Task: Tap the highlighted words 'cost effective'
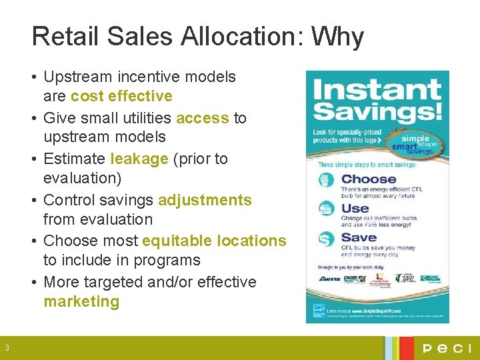[121, 96]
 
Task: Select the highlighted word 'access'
[203, 118]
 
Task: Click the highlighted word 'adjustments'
[205, 200]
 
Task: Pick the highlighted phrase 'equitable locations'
[214, 241]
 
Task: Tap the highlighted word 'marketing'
[81, 301]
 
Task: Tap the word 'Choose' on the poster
[368, 179]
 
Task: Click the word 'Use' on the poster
[355, 208]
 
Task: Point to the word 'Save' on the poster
[359, 237]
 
